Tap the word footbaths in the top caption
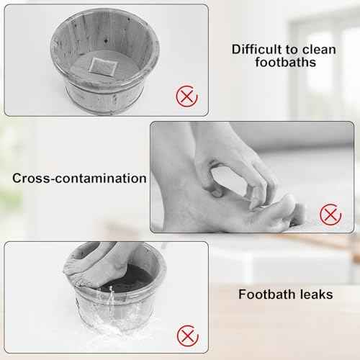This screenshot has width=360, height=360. point(286,63)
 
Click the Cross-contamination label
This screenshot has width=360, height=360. point(79,178)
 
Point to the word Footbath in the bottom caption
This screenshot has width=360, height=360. point(263,294)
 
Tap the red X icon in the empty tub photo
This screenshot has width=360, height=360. point(186,95)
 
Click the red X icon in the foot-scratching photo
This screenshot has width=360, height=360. point(329,213)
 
